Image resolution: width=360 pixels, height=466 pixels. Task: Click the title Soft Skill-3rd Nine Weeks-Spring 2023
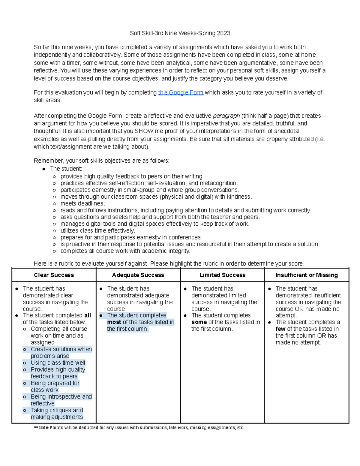(x=180, y=33)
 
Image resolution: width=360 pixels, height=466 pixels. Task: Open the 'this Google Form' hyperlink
(x=181, y=92)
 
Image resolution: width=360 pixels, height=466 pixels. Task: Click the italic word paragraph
(x=226, y=116)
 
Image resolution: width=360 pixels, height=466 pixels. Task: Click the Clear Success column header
(x=54, y=275)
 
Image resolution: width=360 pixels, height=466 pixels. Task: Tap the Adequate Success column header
(x=138, y=275)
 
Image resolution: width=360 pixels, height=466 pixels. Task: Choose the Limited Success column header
(x=222, y=275)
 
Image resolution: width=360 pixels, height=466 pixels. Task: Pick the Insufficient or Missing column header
(x=307, y=275)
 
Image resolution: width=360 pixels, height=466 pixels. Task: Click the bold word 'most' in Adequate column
(x=114, y=322)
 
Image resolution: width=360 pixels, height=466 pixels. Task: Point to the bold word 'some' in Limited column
(x=199, y=322)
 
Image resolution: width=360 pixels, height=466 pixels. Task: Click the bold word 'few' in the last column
(x=280, y=329)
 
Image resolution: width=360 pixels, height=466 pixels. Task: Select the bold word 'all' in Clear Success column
(x=88, y=315)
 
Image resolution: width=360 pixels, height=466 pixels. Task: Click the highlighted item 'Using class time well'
(x=58, y=363)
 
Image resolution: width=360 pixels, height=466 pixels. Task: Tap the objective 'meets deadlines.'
(x=82, y=203)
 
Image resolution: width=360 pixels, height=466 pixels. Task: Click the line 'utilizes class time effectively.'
(x=97, y=231)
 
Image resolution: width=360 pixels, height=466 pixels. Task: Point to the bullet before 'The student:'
(x=44, y=169)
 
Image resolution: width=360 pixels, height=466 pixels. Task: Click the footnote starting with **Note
(x=139, y=428)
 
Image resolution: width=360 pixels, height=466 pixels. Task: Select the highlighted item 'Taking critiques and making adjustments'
(x=57, y=413)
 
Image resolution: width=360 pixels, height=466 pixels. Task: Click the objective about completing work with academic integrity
(x=125, y=251)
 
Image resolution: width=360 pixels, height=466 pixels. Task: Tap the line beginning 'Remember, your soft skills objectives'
(x=101, y=161)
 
